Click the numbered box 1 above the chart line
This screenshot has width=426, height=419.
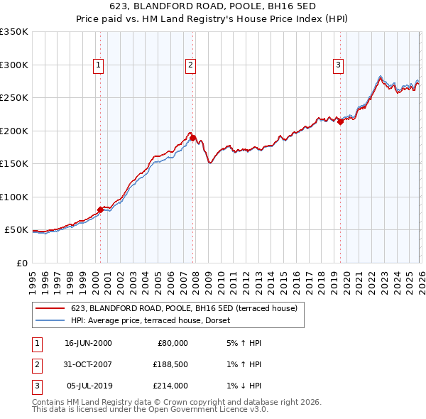[x=98, y=65]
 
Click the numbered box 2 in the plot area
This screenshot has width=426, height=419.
[x=191, y=65]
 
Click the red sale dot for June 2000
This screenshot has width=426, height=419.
[x=100, y=209]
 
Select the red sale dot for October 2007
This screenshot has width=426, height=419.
[x=193, y=138]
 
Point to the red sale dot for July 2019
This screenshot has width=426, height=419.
[x=340, y=121]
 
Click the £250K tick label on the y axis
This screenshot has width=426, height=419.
[x=14, y=98]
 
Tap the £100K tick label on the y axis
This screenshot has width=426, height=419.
[x=14, y=197]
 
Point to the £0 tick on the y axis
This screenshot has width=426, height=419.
[x=21, y=263]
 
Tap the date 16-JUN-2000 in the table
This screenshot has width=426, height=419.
[x=88, y=343]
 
